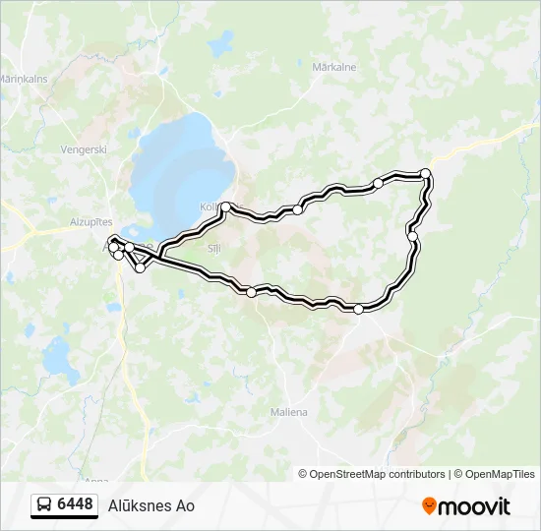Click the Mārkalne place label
tap(333, 68)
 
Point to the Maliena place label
tap(288, 412)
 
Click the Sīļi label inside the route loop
tap(214, 249)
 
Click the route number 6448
tap(76, 504)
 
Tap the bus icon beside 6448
tap(44, 505)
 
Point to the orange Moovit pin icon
tap(430, 506)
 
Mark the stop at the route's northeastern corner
tap(426, 174)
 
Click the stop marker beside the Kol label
tap(226, 206)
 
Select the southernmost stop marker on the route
tap(358, 310)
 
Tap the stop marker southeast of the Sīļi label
tap(252, 292)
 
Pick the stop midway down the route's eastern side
tap(413, 236)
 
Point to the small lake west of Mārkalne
tap(224, 42)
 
